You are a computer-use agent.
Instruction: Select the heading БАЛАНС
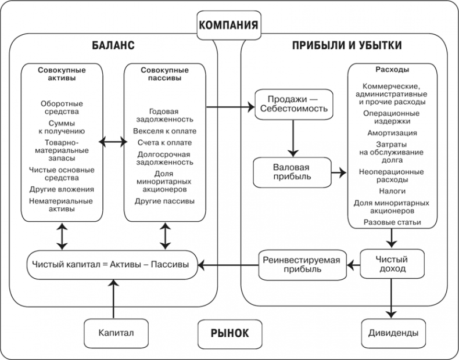tap(113, 45)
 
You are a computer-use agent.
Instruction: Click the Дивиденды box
tap(393, 333)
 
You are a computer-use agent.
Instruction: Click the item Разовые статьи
tap(392, 222)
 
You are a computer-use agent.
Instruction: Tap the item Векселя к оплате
tap(164, 131)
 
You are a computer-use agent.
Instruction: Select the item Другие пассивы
tap(164, 201)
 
